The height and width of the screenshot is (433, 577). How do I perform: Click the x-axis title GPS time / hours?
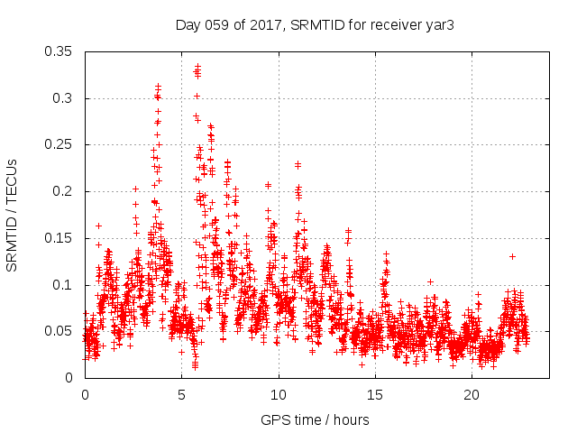(x=315, y=419)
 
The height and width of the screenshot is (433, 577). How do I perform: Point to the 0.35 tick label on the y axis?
(x=60, y=51)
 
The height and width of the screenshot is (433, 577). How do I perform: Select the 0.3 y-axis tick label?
(x=64, y=98)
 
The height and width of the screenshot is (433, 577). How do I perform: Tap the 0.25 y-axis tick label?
(x=60, y=144)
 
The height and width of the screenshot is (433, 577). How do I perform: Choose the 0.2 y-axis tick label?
(x=64, y=191)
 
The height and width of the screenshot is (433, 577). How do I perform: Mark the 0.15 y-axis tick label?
(x=60, y=238)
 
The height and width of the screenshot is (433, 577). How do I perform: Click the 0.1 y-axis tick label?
(x=64, y=285)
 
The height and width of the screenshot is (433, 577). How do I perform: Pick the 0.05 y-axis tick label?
(x=60, y=331)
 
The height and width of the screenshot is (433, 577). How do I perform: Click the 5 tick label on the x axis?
(x=182, y=395)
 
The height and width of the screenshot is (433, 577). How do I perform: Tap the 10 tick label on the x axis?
(x=279, y=395)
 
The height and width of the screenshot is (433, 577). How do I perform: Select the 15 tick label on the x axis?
(x=375, y=395)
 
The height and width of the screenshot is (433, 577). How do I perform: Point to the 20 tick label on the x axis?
(x=472, y=395)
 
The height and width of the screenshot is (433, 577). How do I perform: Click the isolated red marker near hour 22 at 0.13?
(x=512, y=256)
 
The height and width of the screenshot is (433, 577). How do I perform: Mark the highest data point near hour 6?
(x=197, y=66)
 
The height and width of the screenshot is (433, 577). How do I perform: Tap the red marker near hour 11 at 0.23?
(x=298, y=164)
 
